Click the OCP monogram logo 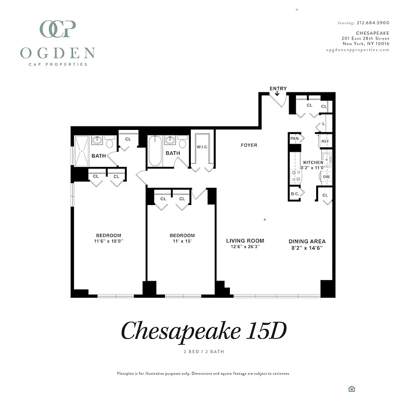click(x=58, y=29)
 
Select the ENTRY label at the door click(x=278, y=89)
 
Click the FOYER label click(x=249, y=145)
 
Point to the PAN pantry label click(x=294, y=138)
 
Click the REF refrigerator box click(x=325, y=142)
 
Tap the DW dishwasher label click(x=326, y=177)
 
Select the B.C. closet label click(x=295, y=194)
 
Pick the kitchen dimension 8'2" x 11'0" click(x=312, y=167)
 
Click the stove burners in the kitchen click(x=295, y=176)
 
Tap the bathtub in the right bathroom click(x=155, y=152)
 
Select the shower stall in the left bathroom click(x=81, y=151)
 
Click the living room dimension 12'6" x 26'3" click(x=245, y=248)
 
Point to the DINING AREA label click(x=307, y=242)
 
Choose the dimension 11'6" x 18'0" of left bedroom click(x=109, y=242)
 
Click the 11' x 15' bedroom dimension click(x=182, y=242)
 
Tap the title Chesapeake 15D click(x=203, y=331)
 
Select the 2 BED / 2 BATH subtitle click(x=203, y=352)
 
